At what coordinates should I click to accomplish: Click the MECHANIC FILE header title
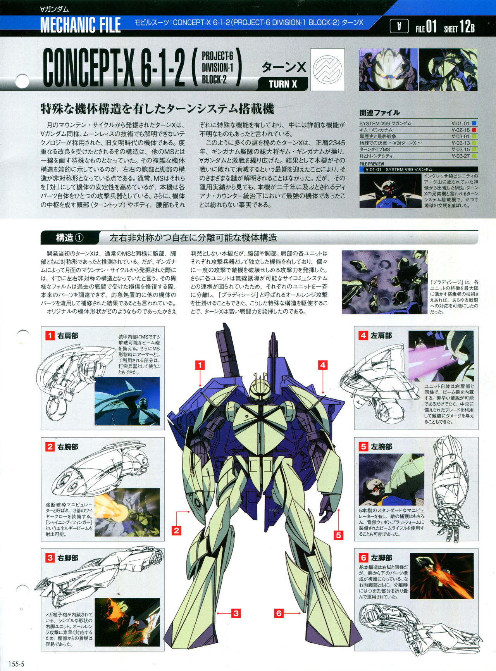coord(81,25)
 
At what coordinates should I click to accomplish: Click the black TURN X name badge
coord(283,84)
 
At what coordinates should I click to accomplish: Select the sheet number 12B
coord(467,27)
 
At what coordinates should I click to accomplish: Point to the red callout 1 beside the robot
coord(200,365)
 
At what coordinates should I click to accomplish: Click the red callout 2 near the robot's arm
coord(177,530)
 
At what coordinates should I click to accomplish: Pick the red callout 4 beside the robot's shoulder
coord(322,365)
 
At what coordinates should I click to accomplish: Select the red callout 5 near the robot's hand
coord(339,535)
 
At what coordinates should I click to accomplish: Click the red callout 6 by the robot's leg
coord(279,613)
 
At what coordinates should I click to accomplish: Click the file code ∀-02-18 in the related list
coord(460,130)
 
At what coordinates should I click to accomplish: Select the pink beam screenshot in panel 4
coord(441,355)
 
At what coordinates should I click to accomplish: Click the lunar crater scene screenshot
coord(384,282)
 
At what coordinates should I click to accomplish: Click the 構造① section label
coord(70,238)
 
